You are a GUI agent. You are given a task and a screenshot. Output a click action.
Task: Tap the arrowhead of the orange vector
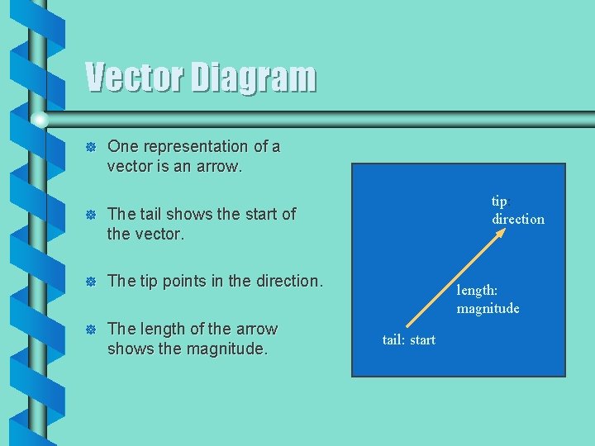(500, 234)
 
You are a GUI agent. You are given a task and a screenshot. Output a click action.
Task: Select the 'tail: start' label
(408, 339)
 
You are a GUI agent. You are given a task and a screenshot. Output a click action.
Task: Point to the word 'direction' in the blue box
(518, 219)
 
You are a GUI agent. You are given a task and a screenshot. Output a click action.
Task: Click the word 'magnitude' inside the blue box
(488, 308)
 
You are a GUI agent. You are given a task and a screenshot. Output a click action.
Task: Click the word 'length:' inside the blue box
(477, 290)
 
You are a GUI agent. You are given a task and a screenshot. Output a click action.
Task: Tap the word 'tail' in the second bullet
(151, 214)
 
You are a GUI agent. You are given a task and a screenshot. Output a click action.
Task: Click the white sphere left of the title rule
(39, 121)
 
